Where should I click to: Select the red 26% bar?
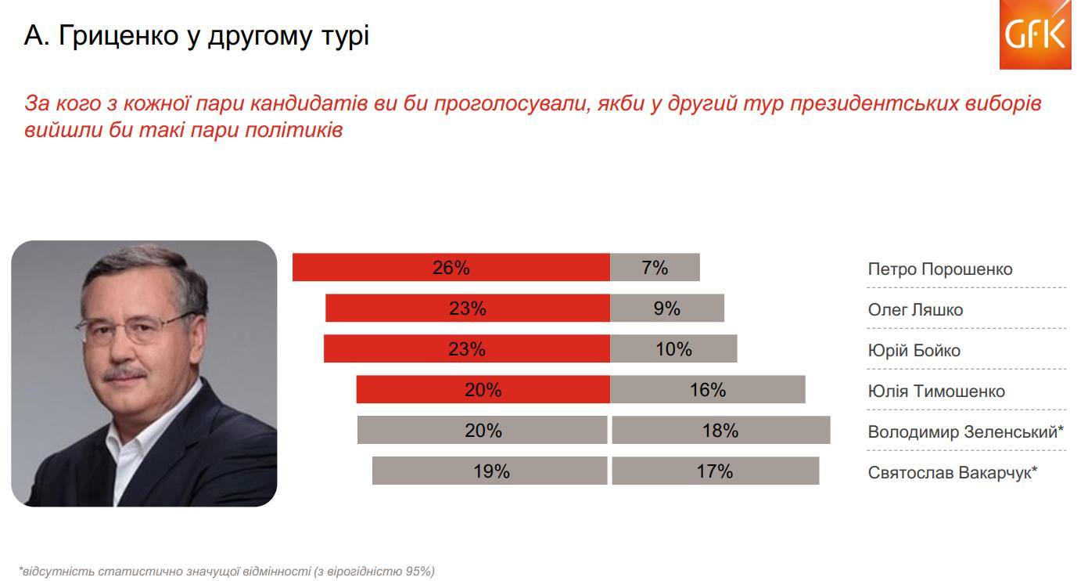coord(451,268)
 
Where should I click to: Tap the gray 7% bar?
coord(655,268)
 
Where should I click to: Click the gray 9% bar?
coord(667,309)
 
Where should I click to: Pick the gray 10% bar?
coord(673,349)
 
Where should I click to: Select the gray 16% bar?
coord(707,390)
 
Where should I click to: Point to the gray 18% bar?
coord(720,431)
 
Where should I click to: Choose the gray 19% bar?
coord(490,471)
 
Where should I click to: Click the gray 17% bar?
coord(715,471)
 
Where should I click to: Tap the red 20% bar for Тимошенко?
coord(483,390)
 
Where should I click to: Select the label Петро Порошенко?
coord(939,269)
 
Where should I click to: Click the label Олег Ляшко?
coord(915,310)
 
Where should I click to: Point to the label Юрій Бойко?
coord(914,351)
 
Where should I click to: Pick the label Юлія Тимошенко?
coord(936,392)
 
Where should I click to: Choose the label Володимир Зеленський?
coord(964,432)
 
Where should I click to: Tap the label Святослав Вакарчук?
coord(951,473)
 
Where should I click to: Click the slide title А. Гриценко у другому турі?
coord(196,36)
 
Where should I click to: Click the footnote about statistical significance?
coord(226,571)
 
